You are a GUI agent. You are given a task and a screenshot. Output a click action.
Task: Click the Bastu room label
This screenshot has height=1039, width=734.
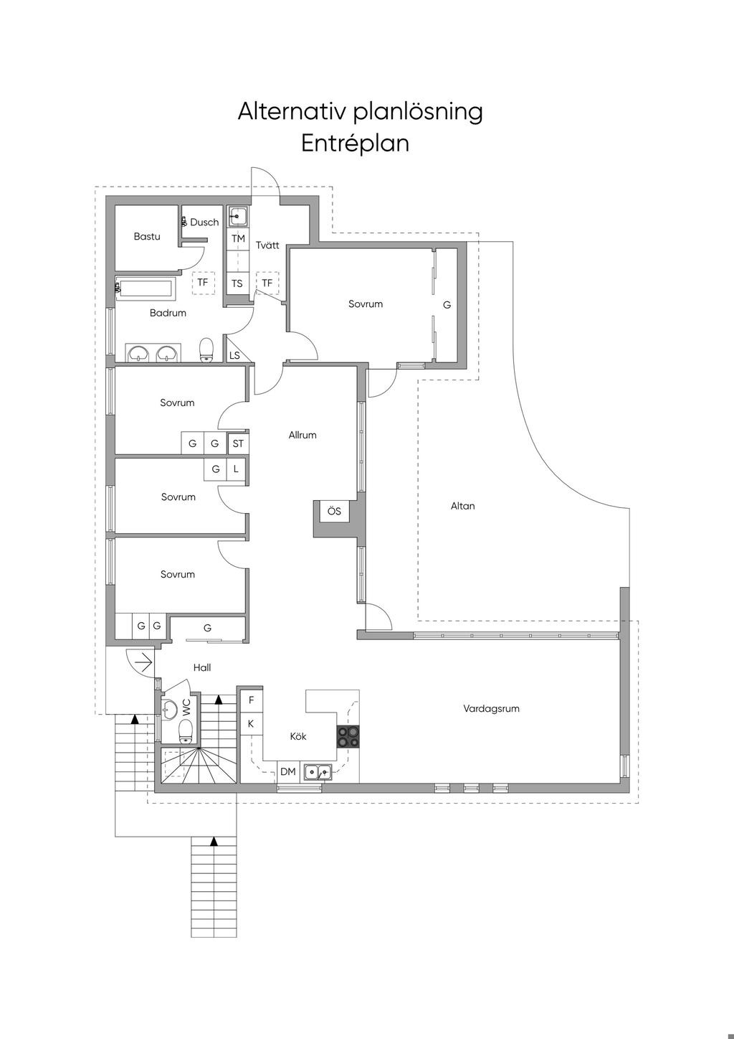(x=147, y=237)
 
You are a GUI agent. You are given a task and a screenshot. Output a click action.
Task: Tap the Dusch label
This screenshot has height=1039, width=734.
(x=204, y=222)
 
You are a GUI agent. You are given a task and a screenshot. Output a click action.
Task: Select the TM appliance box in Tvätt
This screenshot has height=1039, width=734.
(x=238, y=239)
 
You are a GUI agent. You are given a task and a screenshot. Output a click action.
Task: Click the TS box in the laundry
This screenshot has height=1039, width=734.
(x=237, y=283)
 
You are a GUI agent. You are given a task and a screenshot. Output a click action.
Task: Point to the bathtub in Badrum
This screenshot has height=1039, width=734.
(x=146, y=288)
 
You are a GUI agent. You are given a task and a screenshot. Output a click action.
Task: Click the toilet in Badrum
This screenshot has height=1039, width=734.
(x=206, y=350)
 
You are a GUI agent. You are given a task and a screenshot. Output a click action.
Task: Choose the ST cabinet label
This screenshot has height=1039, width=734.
(x=238, y=444)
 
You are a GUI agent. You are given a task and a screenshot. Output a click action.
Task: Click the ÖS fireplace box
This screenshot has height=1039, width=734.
(x=334, y=511)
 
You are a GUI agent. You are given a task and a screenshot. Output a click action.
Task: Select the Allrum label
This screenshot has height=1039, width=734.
(x=302, y=435)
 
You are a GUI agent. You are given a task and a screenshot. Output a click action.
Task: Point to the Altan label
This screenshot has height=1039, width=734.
(x=462, y=506)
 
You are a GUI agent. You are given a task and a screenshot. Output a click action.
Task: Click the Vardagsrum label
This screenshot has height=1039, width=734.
(x=491, y=709)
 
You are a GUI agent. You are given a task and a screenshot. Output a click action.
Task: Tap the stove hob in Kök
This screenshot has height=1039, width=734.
(x=348, y=737)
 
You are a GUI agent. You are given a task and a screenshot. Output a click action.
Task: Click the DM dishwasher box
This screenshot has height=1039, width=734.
(x=288, y=772)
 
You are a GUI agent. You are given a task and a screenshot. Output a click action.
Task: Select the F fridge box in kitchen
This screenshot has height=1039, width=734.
(x=251, y=700)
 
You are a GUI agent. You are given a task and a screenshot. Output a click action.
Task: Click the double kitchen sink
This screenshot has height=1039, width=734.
(x=318, y=772)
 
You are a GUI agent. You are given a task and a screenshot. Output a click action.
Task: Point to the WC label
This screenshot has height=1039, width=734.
(x=187, y=708)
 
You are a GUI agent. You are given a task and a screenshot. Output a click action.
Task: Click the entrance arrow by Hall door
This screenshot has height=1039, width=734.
(x=145, y=662)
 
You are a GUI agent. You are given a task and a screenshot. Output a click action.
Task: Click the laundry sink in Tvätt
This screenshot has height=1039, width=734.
(x=238, y=217)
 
